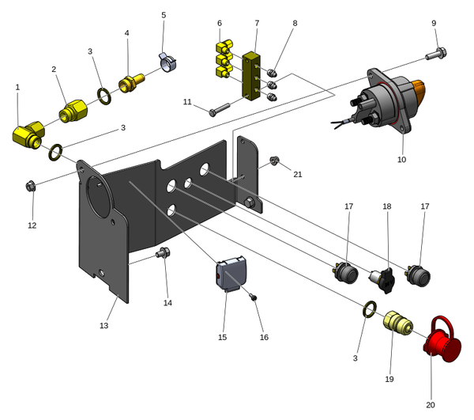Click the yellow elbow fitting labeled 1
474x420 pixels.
pos(28,135)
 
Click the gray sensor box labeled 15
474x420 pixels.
pos(231,275)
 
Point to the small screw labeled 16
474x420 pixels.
pos(253,297)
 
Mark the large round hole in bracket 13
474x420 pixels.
pos(98,194)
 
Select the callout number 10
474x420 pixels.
pos(401,160)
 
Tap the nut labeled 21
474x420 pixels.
pos(273,161)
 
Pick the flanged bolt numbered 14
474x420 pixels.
pos(164,254)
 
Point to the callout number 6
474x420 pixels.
pos(220,23)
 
